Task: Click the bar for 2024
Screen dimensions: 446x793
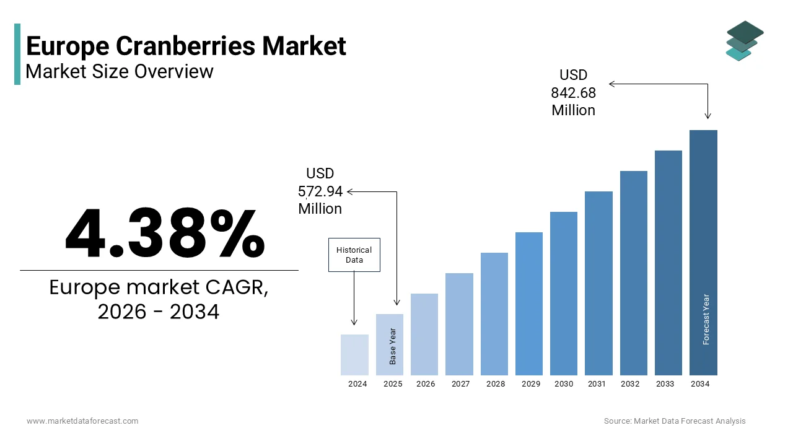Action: click(x=354, y=355)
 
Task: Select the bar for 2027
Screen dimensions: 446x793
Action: click(x=459, y=324)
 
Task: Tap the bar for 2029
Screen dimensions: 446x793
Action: click(x=528, y=304)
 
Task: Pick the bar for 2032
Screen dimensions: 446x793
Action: click(x=633, y=273)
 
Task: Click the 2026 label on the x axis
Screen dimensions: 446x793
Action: click(x=426, y=384)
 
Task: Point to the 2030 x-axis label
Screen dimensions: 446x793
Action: click(x=564, y=384)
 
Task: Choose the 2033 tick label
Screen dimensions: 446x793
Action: click(x=665, y=384)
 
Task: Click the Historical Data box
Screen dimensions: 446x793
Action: click(x=354, y=255)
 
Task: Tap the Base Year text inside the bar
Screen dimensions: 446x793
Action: click(x=393, y=346)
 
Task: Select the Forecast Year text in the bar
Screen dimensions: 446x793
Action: click(x=706, y=319)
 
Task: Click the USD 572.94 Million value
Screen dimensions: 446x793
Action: click(x=320, y=191)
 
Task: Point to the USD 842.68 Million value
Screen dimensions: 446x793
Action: click(x=573, y=93)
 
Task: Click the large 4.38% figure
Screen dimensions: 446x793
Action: click(x=165, y=234)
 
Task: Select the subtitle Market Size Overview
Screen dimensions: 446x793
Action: click(x=120, y=71)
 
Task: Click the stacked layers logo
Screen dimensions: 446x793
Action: click(x=745, y=41)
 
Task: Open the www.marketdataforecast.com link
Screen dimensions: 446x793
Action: click(x=82, y=421)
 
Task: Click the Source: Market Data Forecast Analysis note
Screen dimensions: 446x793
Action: click(x=675, y=421)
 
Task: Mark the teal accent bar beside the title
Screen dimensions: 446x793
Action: click(x=17, y=54)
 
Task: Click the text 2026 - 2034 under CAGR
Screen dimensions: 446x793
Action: click(x=159, y=312)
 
